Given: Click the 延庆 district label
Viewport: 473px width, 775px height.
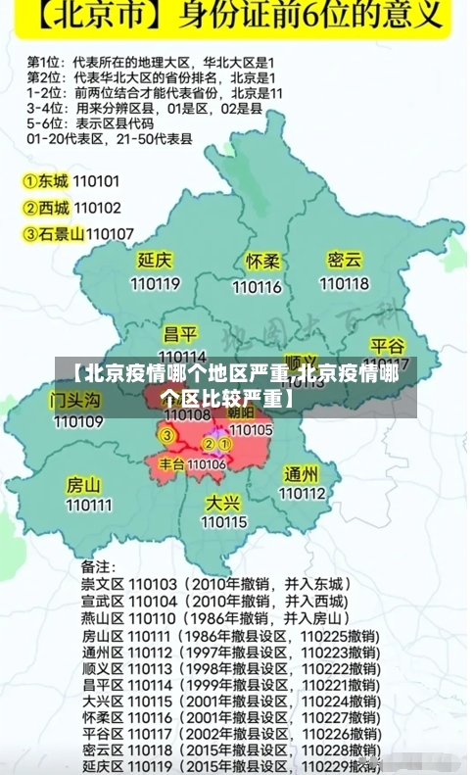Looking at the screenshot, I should [155, 261].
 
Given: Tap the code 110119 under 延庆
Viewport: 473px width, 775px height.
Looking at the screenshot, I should [155, 284].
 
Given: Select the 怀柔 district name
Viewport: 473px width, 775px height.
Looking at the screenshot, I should [263, 262].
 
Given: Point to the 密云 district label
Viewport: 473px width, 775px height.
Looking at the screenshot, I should [345, 260].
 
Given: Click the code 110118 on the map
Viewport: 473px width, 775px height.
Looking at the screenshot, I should [345, 284].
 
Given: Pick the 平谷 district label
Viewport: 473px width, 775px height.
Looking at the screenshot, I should [388, 346].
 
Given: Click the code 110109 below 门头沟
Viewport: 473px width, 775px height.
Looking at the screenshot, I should [78, 422].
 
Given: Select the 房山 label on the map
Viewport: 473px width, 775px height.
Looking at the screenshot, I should [83, 484].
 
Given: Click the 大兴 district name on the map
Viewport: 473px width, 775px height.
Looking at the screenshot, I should [223, 502].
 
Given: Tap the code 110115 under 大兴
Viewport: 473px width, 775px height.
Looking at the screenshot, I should [224, 522].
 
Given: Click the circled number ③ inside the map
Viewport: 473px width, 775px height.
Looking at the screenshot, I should [167, 435].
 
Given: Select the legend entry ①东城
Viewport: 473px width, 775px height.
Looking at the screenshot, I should [46, 181].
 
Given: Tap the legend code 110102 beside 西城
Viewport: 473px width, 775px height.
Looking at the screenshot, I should [97, 208].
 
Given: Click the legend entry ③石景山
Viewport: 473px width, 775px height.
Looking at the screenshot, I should [53, 233].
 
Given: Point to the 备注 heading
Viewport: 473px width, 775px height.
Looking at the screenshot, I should [97, 566].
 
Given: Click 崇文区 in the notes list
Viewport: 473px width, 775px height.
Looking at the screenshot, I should [101, 584].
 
